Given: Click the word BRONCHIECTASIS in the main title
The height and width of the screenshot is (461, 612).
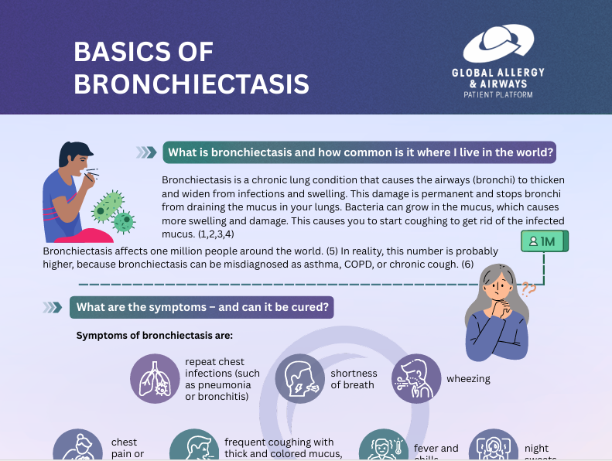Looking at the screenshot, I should (191, 83).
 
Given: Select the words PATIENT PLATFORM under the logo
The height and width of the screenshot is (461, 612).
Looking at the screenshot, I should (497, 94).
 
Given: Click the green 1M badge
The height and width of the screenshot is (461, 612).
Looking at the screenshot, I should (545, 242).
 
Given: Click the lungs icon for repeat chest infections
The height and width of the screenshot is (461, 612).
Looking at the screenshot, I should (154, 379).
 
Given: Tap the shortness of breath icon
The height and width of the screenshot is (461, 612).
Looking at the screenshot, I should (299, 379).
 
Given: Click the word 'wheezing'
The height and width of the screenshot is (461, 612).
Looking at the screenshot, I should (468, 379).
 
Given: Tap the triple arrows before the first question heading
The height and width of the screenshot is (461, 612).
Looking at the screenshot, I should (145, 152).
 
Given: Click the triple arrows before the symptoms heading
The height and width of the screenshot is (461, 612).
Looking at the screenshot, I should (53, 307).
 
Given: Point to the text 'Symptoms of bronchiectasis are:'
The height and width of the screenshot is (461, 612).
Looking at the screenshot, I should (155, 336).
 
